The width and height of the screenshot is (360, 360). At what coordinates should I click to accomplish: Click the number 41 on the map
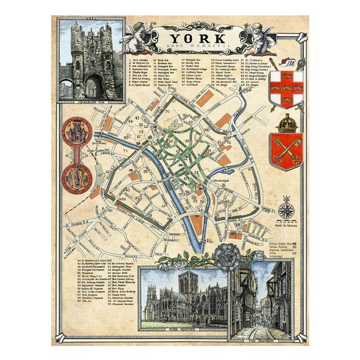click(x=129, y=117)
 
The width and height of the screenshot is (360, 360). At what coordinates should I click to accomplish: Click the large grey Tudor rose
click(x=226, y=255)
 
